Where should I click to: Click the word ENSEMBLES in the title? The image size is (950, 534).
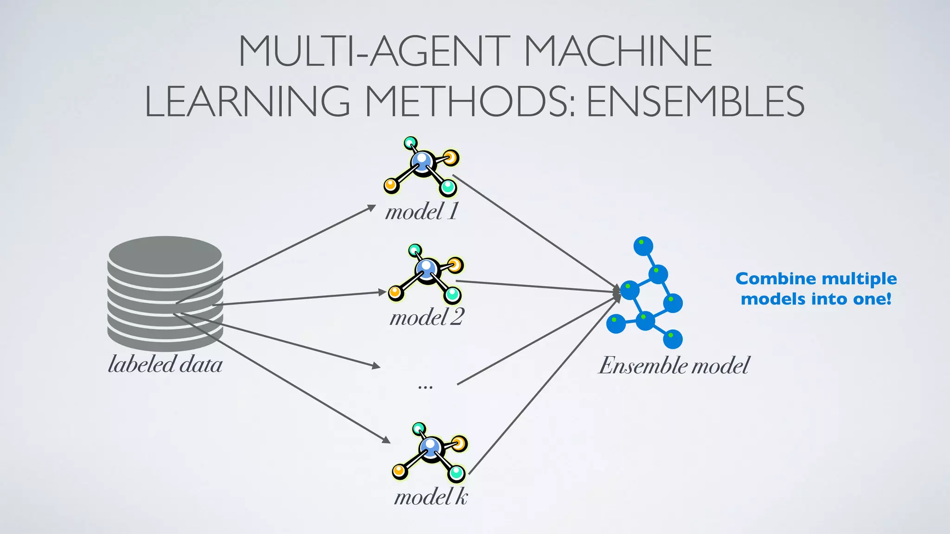695,102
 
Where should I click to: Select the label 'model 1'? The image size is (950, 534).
421,212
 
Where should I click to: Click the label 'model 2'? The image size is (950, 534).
426,318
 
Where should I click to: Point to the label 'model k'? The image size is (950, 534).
430,497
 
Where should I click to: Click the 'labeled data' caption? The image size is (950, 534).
165,364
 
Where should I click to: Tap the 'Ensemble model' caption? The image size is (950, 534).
674,365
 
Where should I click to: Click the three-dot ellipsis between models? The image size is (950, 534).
425,386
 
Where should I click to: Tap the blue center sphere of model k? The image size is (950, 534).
430,446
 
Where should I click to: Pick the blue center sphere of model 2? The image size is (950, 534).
426,267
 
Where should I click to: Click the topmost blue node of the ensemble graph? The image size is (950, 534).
643,246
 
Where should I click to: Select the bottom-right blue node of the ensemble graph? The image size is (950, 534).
672,339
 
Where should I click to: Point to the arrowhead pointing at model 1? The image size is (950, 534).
372,208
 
